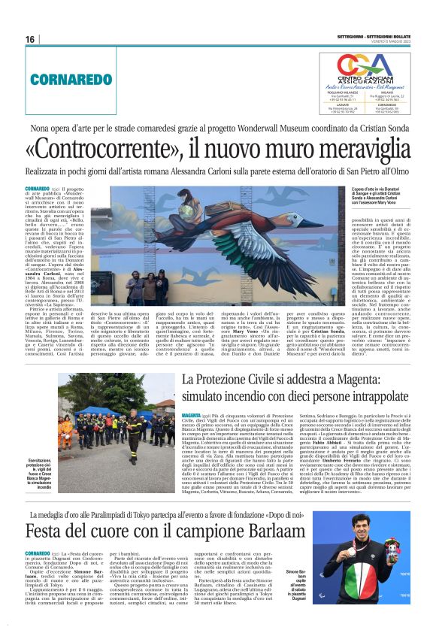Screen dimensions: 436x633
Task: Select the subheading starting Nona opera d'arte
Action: [x=218, y=128]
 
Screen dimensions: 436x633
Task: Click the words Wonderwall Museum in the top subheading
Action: [x=285, y=128]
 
